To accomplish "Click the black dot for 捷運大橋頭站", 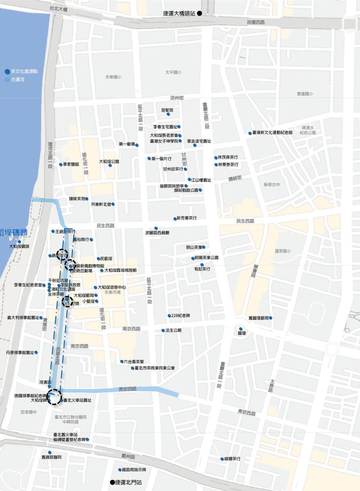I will point(200,13).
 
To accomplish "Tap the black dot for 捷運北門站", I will point(112,482).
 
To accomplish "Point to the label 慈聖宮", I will point(167,110).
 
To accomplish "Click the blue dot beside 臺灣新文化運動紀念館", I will point(250,133).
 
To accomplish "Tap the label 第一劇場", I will point(127,144).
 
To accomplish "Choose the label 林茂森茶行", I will point(228,157).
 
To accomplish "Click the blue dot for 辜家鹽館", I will point(61,164).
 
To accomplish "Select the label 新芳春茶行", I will point(186,218).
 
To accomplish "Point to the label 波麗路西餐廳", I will point(157,233).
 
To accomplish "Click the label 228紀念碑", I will point(180,316).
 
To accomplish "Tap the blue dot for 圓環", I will point(241,329).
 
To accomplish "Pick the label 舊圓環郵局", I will point(258,318).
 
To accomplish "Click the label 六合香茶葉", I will point(134,362).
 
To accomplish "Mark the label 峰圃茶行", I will point(232,459).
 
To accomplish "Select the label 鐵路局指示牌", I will point(134,470).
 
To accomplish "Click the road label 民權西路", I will point(256,22).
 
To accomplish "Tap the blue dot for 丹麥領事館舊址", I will point(36,352).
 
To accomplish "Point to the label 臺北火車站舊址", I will point(77,400).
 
